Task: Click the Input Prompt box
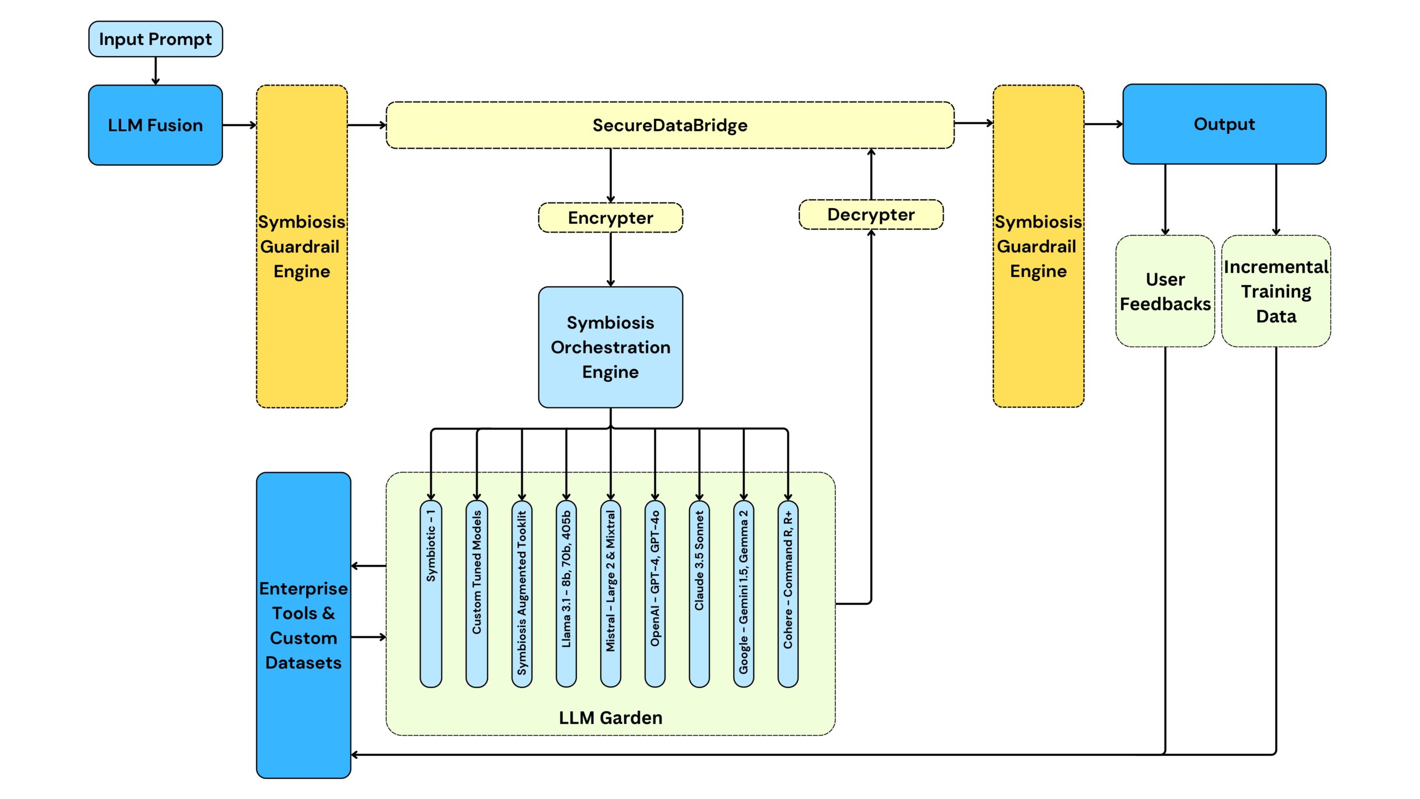(x=155, y=39)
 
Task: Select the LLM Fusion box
(x=155, y=125)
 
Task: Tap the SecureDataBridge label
(x=670, y=125)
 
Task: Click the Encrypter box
(x=610, y=218)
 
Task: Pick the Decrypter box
(x=871, y=215)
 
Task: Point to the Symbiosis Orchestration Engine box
(x=610, y=347)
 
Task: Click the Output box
(x=1224, y=124)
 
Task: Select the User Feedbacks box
(x=1165, y=291)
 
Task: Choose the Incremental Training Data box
(x=1276, y=291)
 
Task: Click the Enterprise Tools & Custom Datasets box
(x=303, y=625)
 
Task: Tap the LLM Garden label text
(x=610, y=718)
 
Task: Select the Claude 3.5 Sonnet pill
(x=699, y=594)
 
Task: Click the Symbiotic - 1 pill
(x=431, y=594)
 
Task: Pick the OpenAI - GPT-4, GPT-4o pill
(x=655, y=594)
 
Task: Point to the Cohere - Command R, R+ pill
(x=788, y=594)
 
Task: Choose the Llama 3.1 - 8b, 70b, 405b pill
(x=566, y=594)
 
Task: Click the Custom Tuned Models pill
(x=476, y=594)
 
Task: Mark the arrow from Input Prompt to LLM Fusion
(x=155, y=70)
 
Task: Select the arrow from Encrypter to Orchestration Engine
(x=610, y=259)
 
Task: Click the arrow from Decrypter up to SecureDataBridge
(x=871, y=174)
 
